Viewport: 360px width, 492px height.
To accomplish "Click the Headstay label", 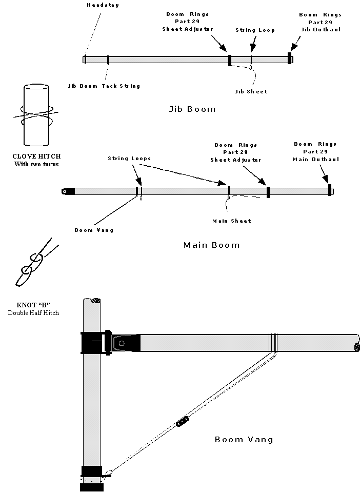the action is pyautogui.click(x=103, y=5).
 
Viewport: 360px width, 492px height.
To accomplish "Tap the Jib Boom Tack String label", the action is pyautogui.click(x=104, y=86).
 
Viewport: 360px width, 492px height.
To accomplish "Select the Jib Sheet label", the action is pyautogui.click(x=251, y=92).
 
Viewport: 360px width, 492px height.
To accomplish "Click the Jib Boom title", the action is pyautogui.click(x=192, y=109).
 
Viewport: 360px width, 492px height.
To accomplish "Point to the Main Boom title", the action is pyautogui.click(x=212, y=245).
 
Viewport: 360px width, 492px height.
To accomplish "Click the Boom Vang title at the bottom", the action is pyautogui.click(x=244, y=440).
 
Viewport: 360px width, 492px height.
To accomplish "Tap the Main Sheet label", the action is pyautogui.click(x=232, y=221).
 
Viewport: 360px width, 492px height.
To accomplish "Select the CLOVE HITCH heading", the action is pyautogui.click(x=37, y=156).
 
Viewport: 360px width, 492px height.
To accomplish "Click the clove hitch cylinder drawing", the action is pyautogui.click(x=36, y=115).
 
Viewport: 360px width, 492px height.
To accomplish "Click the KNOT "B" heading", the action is pyautogui.click(x=33, y=305).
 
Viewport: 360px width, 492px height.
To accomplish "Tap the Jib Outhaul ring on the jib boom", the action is pyautogui.click(x=290, y=58).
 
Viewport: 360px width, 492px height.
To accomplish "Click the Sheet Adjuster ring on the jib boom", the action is pyautogui.click(x=230, y=60).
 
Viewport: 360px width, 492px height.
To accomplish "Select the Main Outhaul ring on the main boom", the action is pyautogui.click(x=330, y=190).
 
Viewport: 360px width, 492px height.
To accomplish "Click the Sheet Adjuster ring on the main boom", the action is pyautogui.click(x=268, y=192).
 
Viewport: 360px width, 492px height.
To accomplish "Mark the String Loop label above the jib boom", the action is pyautogui.click(x=255, y=30).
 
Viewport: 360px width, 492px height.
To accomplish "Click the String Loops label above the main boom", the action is pyautogui.click(x=129, y=159).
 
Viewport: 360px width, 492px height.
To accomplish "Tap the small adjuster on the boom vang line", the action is pyautogui.click(x=183, y=421).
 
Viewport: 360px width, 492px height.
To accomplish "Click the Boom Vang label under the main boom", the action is pyautogui.click(x=94, y=230).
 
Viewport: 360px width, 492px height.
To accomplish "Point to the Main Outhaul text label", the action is pyautogui.click(x=316, y=160).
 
